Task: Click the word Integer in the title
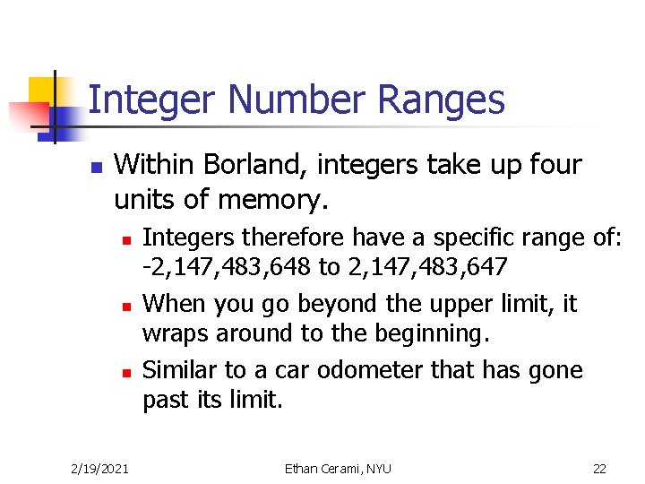144,100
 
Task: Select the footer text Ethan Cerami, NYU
338,468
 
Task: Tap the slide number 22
599,468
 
